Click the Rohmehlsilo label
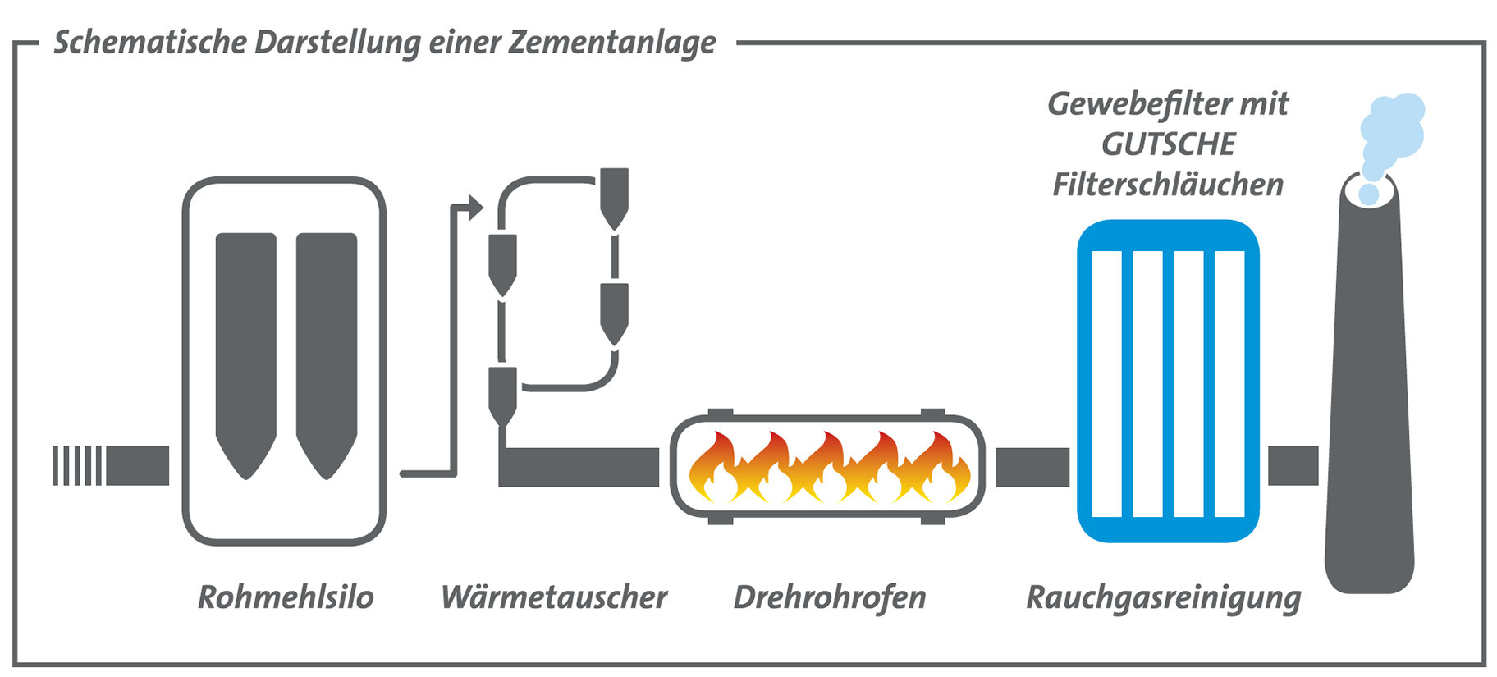point(286,597)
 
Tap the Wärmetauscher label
point(554,597)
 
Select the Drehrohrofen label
point(830,597)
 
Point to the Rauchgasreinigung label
point(1164,597)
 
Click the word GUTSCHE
point(1168,144)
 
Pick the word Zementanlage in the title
point(612,43)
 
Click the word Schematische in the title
point(150,43)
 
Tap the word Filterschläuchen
point(1168,185)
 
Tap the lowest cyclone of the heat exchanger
point(502,394)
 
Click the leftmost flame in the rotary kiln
point(713,469)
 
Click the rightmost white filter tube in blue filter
point(1229,383)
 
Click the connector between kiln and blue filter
point(1032,467)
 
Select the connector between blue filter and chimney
point(1293,466)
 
